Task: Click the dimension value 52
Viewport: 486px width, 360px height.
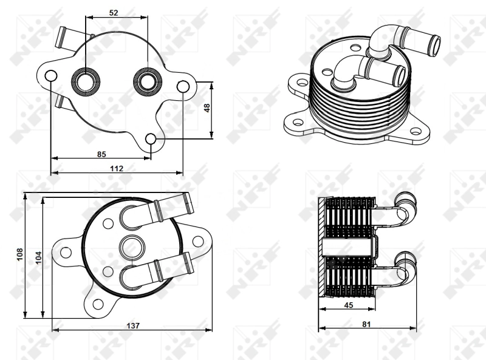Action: (x=114, y=12)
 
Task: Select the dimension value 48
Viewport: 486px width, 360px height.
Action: (x=207, y=107)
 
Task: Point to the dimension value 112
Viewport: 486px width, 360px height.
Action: (x=117, y=168)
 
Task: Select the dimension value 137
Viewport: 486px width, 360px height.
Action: (x=133, y=325)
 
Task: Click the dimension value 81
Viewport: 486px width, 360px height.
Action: (x=366, y=324)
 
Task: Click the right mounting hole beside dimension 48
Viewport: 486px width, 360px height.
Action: (x=183, y=87)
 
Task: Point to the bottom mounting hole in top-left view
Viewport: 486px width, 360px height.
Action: (x=152, y=141)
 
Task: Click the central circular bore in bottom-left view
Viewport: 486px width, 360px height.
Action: (x=132, y=247)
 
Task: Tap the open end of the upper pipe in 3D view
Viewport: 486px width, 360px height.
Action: (x=435, y=42)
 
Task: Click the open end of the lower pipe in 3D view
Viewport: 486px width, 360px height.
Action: (x=399, y=75)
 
